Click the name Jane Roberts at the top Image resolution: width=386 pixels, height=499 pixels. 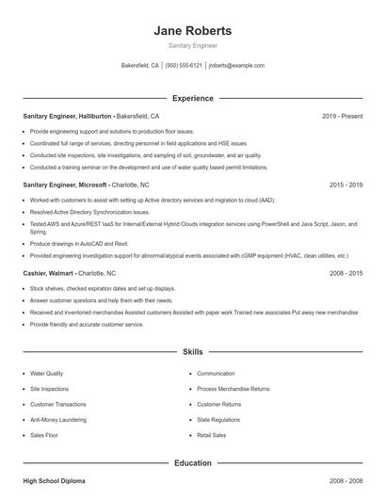pyautogui.click(x=192, y=30)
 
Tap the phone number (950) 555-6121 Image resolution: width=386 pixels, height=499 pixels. pyautogui.click(x=184, y=66)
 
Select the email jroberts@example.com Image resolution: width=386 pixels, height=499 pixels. pyautogui.click(x=236, y=66)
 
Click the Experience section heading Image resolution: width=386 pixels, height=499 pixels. pyautogui.click(x=192, y=98)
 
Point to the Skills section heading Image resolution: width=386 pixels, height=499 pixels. pyautogui.click(x=192, y=352)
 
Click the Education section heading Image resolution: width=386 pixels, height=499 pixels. pyautogui.click(x=192, y=463)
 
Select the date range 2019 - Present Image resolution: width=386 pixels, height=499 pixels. pyautogui.click(x=342, y=116)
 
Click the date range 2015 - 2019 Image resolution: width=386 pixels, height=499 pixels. pyautogui.click(x=346, y=185)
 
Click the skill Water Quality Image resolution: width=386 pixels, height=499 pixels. pyautogui.click(x=47, y=374)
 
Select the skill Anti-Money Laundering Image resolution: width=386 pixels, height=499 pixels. pyautogui.click(x=57, y=420)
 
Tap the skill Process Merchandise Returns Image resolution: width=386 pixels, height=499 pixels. pyautogui.click(x=233, y=389)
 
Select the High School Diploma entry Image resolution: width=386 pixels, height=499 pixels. pyautogui.click(x=54, y=481)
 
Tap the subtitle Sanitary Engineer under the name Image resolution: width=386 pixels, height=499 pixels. pyautogui.click(x=192, y=45)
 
